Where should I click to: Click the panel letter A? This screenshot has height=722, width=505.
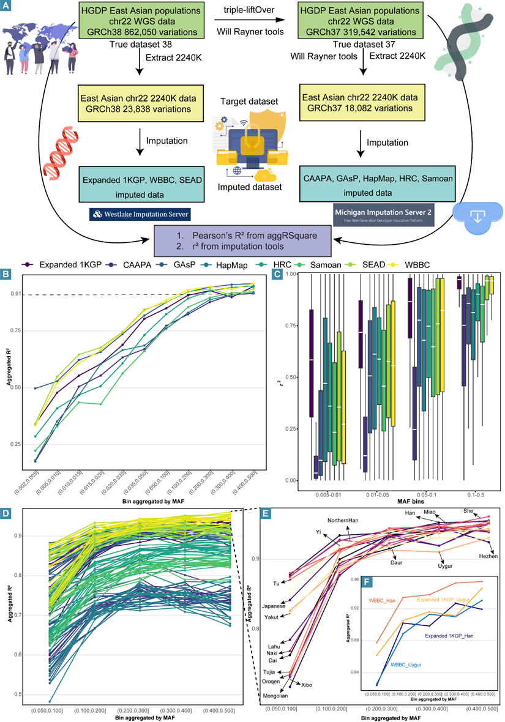(x=6, y=6)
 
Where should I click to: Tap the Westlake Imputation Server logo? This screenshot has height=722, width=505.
(x=139, y=214)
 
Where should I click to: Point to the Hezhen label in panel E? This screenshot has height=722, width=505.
(x=488, y=556)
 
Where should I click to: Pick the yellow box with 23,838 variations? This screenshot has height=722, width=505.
(x=138, y=105)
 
